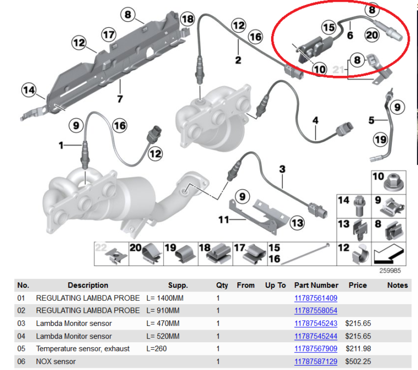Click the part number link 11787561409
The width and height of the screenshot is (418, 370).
pos(316,298)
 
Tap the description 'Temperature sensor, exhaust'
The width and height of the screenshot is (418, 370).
pos(83,349)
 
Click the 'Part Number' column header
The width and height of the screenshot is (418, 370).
pos(316,285)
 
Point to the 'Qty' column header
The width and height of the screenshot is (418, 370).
pos(222,285)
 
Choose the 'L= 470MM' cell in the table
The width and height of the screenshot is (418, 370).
pos(163,324)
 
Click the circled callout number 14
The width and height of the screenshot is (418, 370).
pos(28,89)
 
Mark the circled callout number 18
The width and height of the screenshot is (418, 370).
pos(187,19)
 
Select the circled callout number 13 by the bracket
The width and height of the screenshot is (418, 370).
pos(297,222)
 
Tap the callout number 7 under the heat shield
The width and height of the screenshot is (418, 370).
pos(120,99)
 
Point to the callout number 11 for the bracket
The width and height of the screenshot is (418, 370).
pos(224,220)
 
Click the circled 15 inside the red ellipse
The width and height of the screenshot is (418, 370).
pos(328,27)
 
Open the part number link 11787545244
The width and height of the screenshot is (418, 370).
pos(316,336)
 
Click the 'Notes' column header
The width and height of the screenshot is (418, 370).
pos(397,285)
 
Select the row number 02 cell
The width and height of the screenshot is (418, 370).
pos(22,311)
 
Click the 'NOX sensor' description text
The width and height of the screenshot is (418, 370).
pos(56,361)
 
